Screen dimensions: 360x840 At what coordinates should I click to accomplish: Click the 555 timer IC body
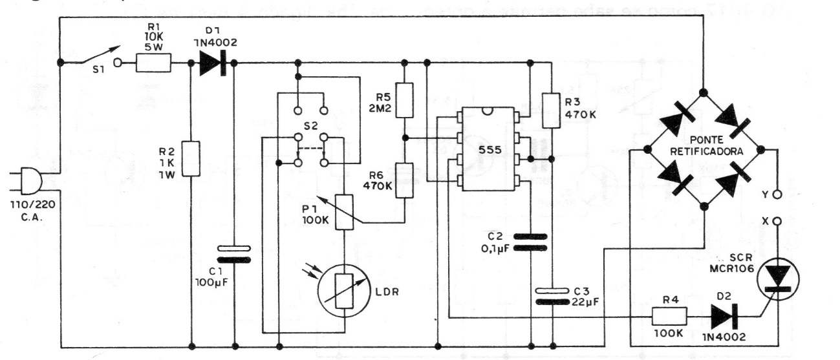coord(488,149)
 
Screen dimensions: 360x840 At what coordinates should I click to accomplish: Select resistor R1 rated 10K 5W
coord(153,63)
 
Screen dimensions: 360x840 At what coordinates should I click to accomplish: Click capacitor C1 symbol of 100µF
coord(234,253)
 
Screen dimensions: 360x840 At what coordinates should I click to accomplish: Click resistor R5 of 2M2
coord(405,100)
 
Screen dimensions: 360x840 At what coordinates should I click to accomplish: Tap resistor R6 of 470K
coord(405,180)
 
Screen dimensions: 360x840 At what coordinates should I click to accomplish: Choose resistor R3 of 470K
coord(552,109)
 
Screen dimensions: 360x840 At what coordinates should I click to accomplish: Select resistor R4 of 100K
coord(667,317)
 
